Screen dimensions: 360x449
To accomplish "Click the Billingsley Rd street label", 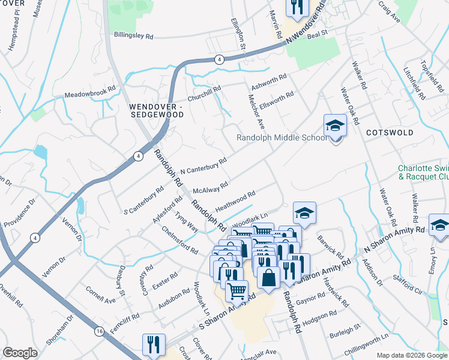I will tap(133, 36).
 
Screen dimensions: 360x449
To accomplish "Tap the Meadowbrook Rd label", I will tap(89, 94).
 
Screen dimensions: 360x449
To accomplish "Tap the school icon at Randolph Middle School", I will tap(335, 126).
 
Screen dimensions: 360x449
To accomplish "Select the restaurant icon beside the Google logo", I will tap(154, 344).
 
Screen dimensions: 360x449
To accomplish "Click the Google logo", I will tap(20, 353).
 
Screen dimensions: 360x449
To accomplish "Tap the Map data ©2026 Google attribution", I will tap(412, 355).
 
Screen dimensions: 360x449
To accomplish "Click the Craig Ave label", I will tap(388, 12).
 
